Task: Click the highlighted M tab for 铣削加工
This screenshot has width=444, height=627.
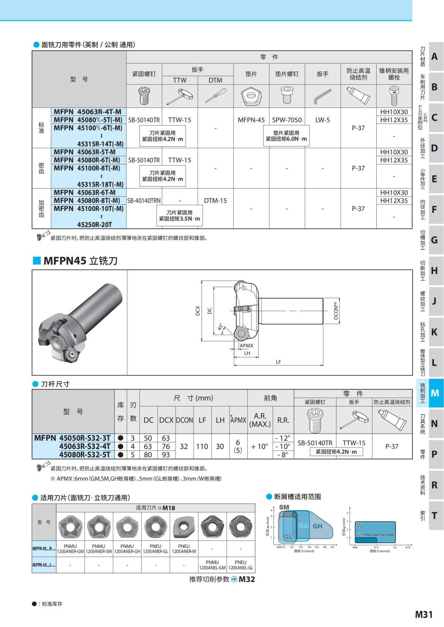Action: pos(435,393)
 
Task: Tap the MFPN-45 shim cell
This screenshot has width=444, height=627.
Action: pos(251,120)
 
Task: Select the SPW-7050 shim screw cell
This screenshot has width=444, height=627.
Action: pos(287,120)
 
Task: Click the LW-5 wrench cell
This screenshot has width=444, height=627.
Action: pos(322,120)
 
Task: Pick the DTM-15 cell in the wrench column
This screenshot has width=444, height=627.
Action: pos(215,201)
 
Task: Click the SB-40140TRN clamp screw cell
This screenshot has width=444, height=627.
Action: pos(144,201)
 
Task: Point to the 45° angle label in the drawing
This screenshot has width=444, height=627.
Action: pos(220,327)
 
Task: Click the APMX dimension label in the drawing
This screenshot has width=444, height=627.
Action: pos(246,345)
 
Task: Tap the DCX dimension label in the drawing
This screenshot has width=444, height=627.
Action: pos(198,311)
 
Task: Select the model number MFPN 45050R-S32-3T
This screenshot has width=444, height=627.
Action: pos(73,438)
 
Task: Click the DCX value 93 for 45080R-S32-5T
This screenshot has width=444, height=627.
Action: pos(166,454)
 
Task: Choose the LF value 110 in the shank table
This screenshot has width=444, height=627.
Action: pos(202,446)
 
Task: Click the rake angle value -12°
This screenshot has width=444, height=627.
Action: pos(283,438)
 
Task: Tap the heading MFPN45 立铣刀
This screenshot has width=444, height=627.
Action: pos(80,261)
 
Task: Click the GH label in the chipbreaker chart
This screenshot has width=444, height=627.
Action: pos(317,526)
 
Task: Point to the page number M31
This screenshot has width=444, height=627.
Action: pos(424,614)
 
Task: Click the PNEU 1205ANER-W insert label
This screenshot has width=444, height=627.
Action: pos(184,549)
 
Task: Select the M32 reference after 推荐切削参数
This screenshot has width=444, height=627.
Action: pos(246,579)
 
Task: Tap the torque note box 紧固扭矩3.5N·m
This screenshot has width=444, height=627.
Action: pos(179,215)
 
